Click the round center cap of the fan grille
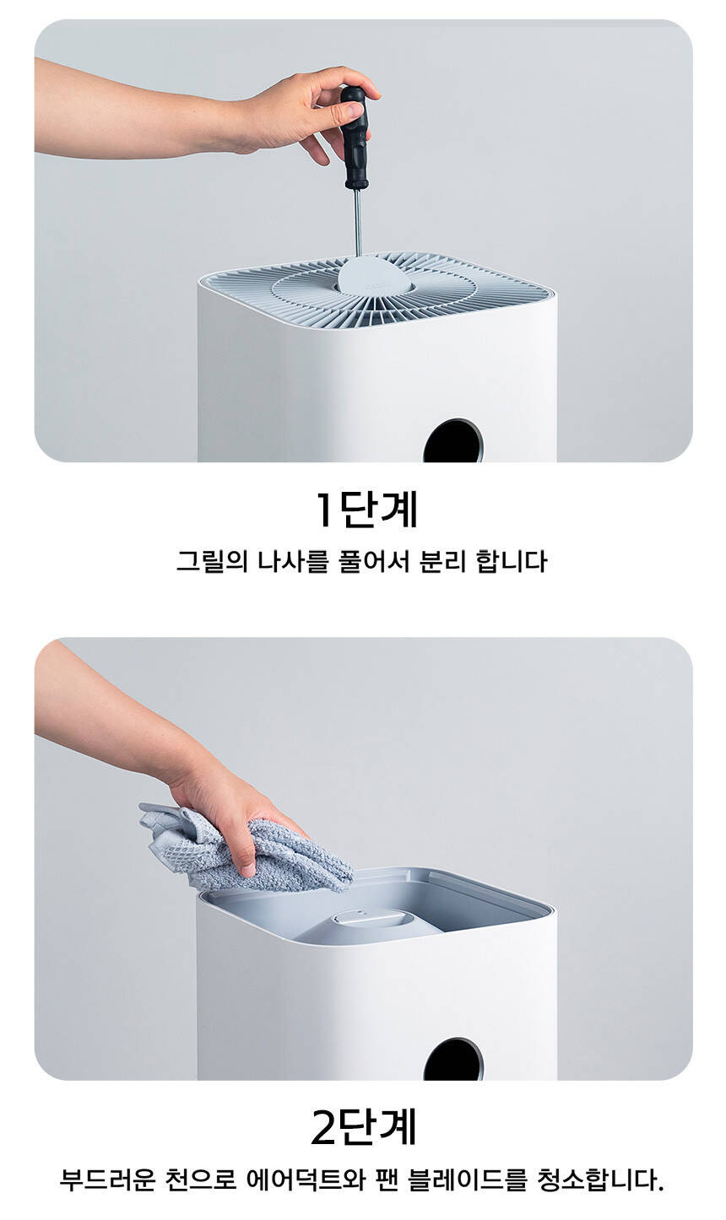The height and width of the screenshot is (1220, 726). click(x=375, y=276)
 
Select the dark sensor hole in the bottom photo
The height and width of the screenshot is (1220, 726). click(x=453, y=1060)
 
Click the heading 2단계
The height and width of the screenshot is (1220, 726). click(x=364, y=1127)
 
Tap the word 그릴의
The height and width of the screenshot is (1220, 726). click(x=212, y=561)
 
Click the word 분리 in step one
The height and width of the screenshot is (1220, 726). click(x=443, y=561)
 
